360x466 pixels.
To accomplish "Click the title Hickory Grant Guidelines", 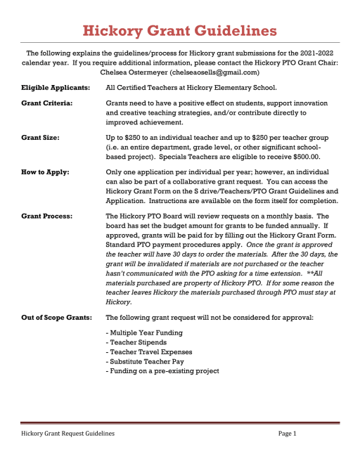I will (179, 30).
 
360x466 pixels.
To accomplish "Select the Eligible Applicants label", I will (56, 88).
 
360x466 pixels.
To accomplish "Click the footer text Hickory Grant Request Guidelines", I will (68, 434).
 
